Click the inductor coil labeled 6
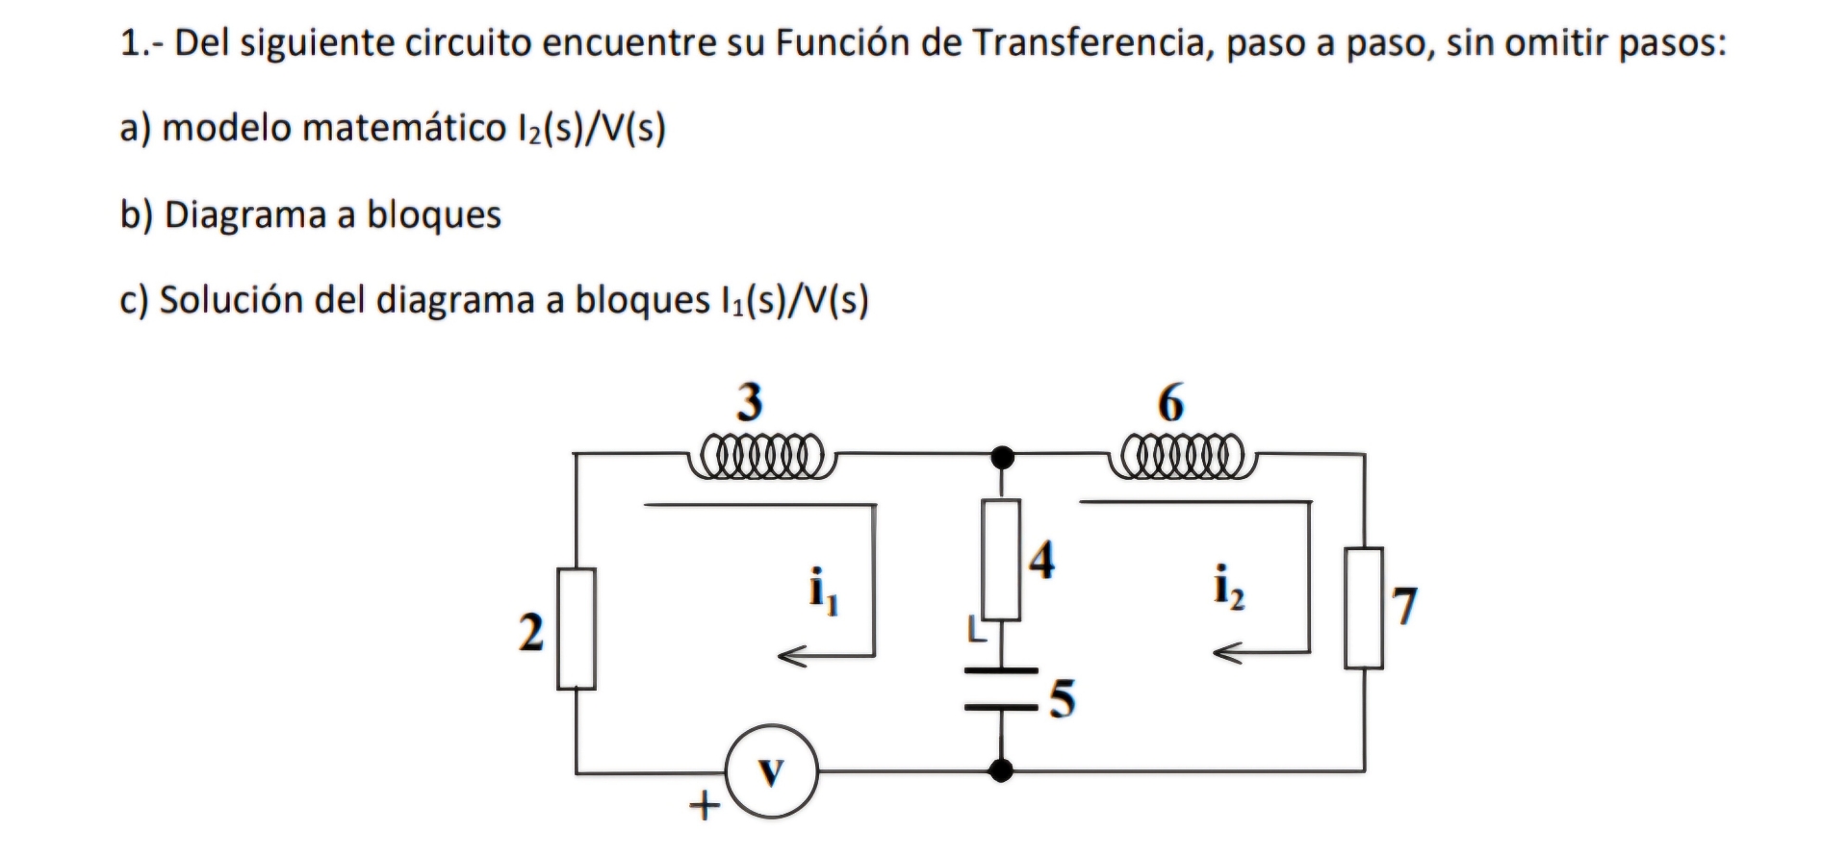click(x=1183, y=454)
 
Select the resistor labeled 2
click(x=576, y=629)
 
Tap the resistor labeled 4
click(x=1001, y=560)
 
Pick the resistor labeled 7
click(x=1364, y=608)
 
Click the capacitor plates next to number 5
click(x=1001, y=689)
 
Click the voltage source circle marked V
click(x=771, y=772)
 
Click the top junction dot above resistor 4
click(x=1002, y=457)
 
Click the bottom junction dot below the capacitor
click(x=1001, y=770)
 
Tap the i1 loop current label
click(x=823, y=591)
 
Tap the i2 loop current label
click(x=1228, y=587)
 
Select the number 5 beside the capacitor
click(x=1062, y=699)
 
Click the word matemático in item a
click(x=403, y=128)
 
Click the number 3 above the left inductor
click(x=749, y=401)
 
